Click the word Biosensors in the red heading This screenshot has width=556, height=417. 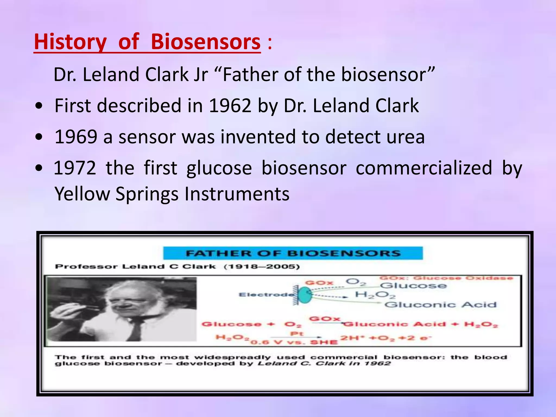206,42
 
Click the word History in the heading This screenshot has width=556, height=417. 70,42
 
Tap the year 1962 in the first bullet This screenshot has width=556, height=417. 230,106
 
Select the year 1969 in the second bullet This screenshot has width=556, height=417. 76,137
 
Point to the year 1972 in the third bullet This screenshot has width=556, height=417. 75,168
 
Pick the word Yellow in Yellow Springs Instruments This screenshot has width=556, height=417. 82,194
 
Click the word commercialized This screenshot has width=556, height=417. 424,168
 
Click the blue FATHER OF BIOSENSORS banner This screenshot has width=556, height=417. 293,253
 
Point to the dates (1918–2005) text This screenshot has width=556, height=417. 262,267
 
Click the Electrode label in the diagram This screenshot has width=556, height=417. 266,295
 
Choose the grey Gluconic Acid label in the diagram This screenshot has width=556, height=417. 440,305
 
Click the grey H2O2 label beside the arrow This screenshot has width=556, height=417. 375,295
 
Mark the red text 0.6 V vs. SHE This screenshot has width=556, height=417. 294,342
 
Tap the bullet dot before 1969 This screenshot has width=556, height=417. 39,137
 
